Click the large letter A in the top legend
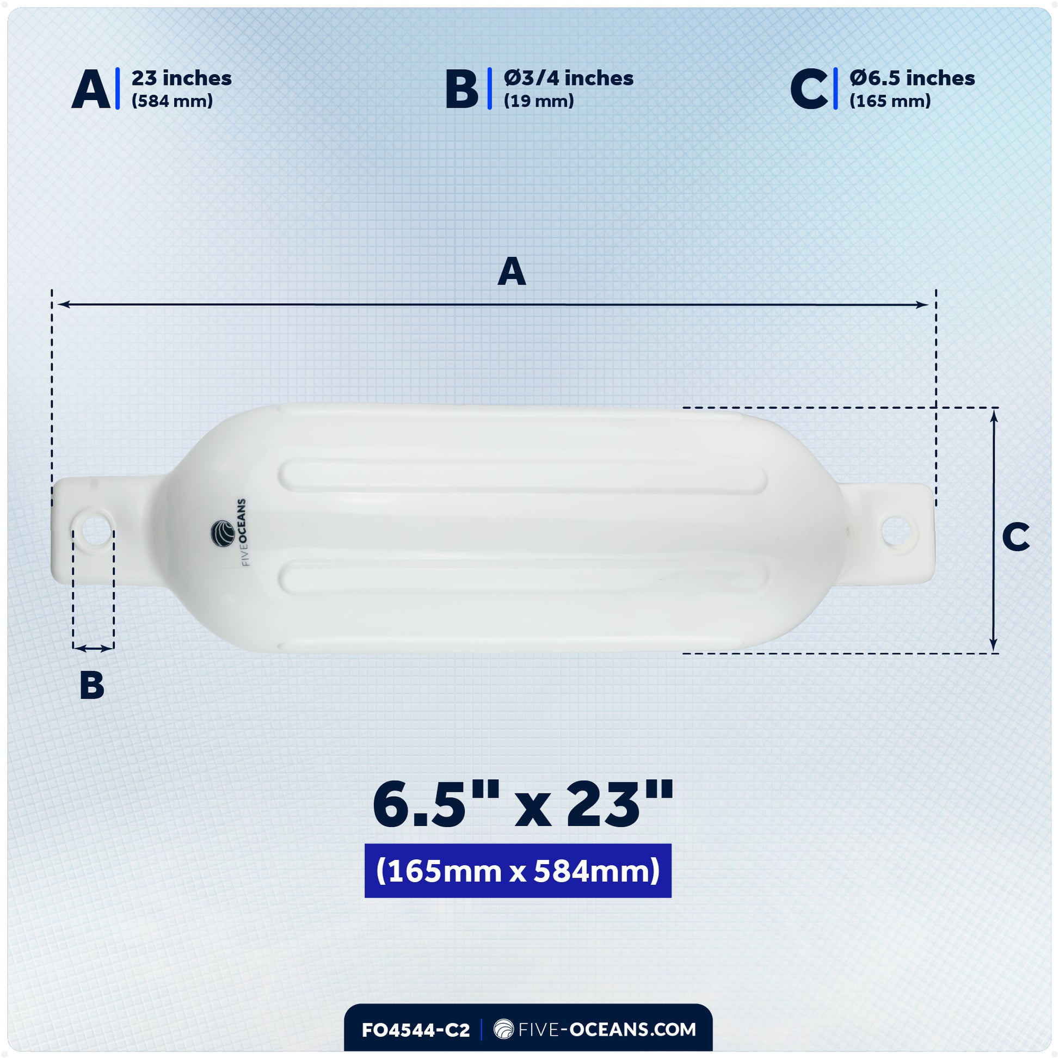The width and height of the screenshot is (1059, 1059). [x=91, y=89]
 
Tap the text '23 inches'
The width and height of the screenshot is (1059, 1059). [x=181, y=78]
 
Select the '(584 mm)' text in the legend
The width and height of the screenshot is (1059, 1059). [x=172, y=101]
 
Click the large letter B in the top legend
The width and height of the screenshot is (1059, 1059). [x=461, y=89]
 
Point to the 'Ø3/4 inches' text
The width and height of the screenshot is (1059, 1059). [x=569, y=78]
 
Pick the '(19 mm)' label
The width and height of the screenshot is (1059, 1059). [x=539, y=101]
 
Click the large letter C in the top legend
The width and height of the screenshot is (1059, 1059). [x=809, y=89]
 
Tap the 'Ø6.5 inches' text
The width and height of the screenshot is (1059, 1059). [x=912, y=78]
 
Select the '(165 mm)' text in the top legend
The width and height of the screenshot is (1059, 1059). [x=890, y=101]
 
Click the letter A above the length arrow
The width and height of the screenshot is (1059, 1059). [x=512, y=272]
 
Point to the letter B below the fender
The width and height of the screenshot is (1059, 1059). [x=91, y=686]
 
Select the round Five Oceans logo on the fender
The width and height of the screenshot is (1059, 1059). [x=223, y=533]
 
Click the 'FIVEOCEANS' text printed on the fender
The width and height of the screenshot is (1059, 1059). [x=243, y=532]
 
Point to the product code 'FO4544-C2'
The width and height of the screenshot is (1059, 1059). [x=415, y=1030]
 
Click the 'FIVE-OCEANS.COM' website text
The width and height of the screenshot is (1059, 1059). [x=606, y=1030]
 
